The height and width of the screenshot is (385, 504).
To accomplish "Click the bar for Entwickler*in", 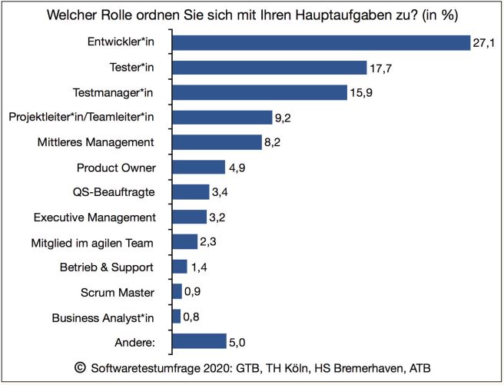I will pyautogui.click(x=320, y=43).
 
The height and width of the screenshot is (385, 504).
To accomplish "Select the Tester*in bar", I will pyautogui.click(x=269, y=68).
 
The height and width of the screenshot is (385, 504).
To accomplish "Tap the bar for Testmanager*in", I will pyautogui.click(x=260, y=93).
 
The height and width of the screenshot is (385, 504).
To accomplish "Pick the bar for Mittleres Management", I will pyautogui.click(x=217, y=142).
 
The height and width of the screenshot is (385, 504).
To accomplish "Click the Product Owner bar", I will pyautogui.click(x=198, y=167).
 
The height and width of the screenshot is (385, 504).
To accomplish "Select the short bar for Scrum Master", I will pyautogui.click(x=177, y=292).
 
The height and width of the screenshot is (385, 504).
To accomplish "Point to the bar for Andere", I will pyautogui.click(x=199, y=341).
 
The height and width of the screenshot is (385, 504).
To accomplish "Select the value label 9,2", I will pyautogui.click(x=283, y=118).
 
